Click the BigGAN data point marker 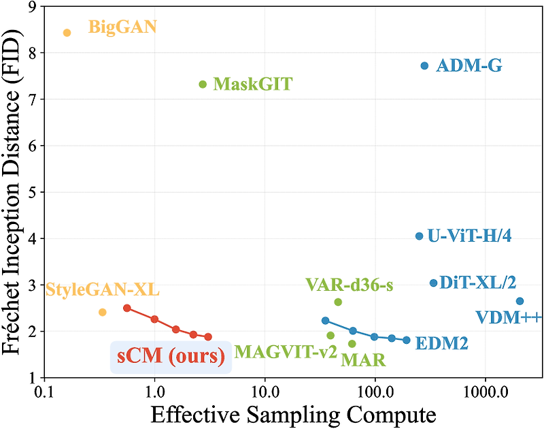click(67, 33)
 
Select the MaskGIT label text click(252, 84)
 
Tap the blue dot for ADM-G click(424, 65)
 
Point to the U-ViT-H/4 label click(469, 236)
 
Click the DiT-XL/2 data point click(433, 283)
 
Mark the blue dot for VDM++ click(520, 301)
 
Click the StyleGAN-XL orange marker click(103, 312)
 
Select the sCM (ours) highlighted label click(170, 356)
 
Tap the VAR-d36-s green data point click(338, 302)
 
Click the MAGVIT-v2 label click(286, 352)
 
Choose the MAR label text click(363, 360)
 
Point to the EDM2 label click(441, 344)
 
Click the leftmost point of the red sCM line click(126, 308)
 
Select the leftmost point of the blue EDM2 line click(325, 321)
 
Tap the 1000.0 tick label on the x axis click(485, 393)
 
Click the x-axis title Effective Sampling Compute click(292, 414)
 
